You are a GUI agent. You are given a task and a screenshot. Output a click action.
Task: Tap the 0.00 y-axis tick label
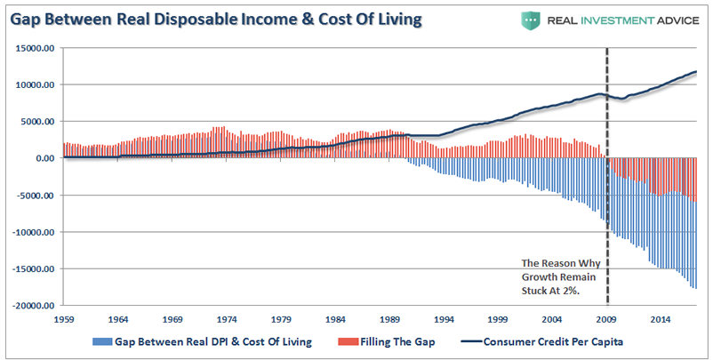[x=44, y=158]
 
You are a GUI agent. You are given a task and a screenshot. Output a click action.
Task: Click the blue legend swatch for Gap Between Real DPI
[x=99, y=341]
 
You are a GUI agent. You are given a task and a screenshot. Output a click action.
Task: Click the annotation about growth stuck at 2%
[x=558, y=276]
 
